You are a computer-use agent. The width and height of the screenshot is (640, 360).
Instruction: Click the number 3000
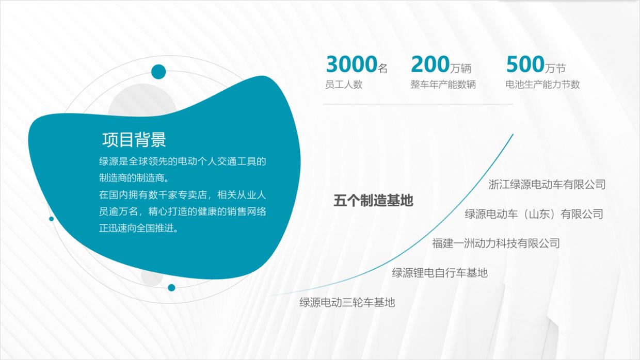pyautogui.click(x=351, y=65)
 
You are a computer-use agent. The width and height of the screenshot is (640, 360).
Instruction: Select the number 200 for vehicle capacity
pyautogui.click(x=430, y=65)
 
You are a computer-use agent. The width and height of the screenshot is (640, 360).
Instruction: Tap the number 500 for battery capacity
pyautogui.click(x=525, y=65)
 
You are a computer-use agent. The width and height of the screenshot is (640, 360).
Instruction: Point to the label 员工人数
pyautogui.click(x=344, y=85)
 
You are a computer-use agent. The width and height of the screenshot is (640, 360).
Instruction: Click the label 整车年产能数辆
pyautogui.click(x=443, y=85)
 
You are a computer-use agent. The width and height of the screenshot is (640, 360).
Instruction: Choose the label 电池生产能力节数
pyautogui.click(x=542, y=85)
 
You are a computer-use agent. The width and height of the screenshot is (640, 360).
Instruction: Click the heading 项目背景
pyautogui.click(x=134, y=139)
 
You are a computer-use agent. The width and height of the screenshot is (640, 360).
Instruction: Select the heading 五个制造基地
pyautogui.click(x=373, y=201)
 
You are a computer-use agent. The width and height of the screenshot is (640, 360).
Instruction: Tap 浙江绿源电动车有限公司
pyautogui.click(x=547, y=184)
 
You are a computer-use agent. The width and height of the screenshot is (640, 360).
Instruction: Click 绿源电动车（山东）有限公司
pyautogui.click(x=534, y=214)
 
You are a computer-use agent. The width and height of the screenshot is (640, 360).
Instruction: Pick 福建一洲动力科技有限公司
pyautogui.click(x=495, y=243)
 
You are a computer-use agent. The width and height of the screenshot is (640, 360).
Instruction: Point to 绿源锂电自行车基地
pyautogui.click(x=439, y=272)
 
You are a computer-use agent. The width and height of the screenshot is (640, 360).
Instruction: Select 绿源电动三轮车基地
pyautogui.click(x=347, y=302)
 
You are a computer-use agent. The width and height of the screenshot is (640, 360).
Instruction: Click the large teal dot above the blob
pyautogui.click(x=158, y=72)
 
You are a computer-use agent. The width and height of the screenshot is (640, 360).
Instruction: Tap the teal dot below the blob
pyautogui.click(x=171, y=287)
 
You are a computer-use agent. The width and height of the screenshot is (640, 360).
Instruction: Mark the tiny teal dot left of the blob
pyautogui.click(x=51, y=219)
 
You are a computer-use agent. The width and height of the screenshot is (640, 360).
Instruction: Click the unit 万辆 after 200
pyautogui.click(x=461, y=68)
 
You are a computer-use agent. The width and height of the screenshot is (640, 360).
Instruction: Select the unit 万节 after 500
pyautogui.click(x=555, y=68)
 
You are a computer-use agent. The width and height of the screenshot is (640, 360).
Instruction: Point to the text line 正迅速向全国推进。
pyautogui.click(x=139, y=228)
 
